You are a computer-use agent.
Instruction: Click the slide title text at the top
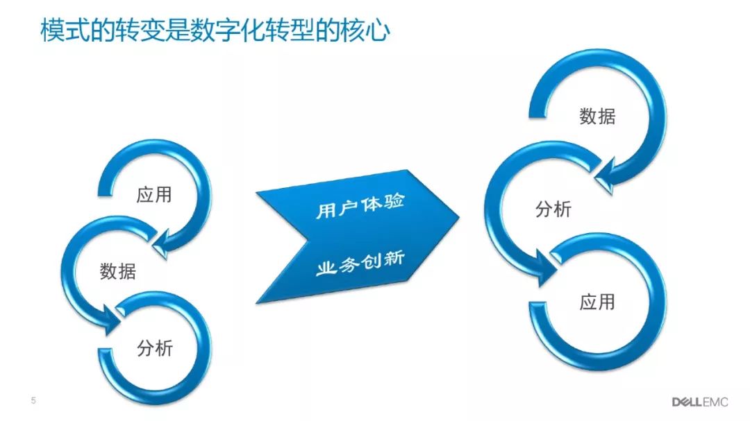click(215, 31)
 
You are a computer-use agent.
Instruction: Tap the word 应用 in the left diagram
click(154, 195)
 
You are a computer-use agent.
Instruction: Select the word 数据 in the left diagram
click(117, 271)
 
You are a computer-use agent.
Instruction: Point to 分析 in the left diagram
click(154, 348)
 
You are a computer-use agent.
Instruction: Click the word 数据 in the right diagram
click(597, 116)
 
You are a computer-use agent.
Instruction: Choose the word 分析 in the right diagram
click(553, 209)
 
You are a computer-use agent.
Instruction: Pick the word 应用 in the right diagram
click(597, 302)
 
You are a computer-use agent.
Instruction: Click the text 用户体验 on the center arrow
click(360, 205)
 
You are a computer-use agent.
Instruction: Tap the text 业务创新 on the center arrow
click(360, 264)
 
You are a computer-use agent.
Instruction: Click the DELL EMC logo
click(700, 402)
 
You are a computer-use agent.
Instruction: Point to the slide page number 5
click(33, 400)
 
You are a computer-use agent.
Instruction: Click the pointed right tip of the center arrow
click(459, 217)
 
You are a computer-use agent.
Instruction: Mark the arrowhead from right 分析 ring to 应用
click(547, 268)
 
